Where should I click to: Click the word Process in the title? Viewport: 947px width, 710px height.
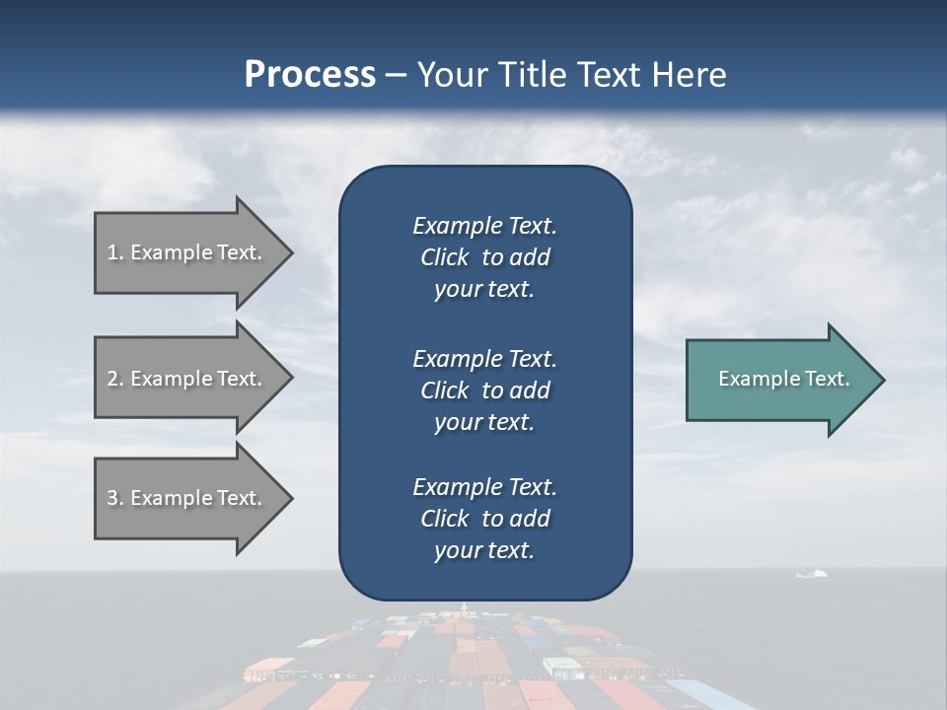(x=310, y=75)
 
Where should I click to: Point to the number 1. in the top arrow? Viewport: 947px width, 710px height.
(x=115, y=252)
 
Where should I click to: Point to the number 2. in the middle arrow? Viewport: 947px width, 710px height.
(x=115, y=379)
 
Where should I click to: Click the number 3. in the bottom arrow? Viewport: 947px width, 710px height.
(x=115, y=498)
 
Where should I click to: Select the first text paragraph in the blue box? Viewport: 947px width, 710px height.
(x=484, y=257)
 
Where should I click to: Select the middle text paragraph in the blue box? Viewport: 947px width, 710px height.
(x=484, y=390)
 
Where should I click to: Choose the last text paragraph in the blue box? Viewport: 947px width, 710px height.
(x=484, y=519)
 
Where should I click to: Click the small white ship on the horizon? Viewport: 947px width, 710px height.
(x=811, y=573)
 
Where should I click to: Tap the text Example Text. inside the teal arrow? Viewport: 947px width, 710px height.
(x=783, y=379)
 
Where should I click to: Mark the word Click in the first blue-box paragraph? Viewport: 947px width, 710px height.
(x=445, y=257)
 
